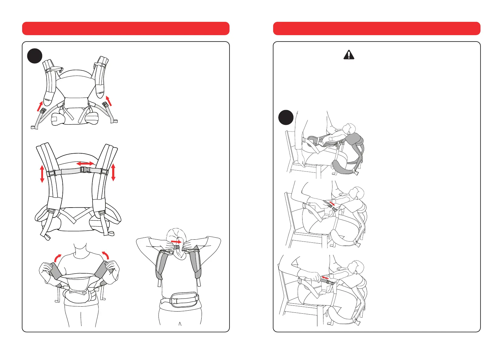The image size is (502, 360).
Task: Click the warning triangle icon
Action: pyautogui.click(x=349, y=55)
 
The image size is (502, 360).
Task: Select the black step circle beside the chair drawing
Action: pyautogui.click(x=286, y=118)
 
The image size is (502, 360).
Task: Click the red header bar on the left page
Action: pyautogui.click(x=125, y=28)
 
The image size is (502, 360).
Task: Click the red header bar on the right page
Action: pyautogui.click(x=376, y=28)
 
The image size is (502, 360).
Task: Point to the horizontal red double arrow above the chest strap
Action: pyautogui.click(x=85, y=164)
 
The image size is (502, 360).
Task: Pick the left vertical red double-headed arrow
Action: pyautogui.click(x=42, y=174)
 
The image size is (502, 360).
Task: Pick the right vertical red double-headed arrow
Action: pyautogui.click(x=113, y=172)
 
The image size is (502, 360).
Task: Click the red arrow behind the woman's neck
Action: pyautogui.click(x=176, y=242)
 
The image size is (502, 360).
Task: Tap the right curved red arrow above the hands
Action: pyautogui.click(x=105, y=255)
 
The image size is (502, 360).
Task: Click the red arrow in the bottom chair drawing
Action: pyautogui.click(x=325, y=277)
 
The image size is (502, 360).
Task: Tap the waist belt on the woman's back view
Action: pyautogui.click(x=180, y=300)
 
